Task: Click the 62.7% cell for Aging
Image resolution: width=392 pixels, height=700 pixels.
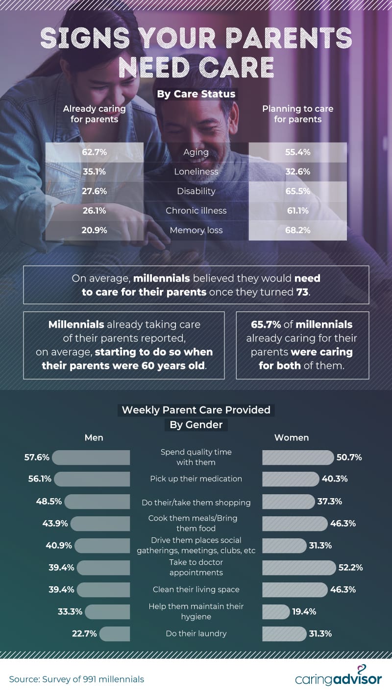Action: pos(94,152)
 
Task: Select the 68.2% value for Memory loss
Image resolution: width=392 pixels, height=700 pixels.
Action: pos(297,230)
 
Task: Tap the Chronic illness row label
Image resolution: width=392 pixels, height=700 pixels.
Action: pos(196,211)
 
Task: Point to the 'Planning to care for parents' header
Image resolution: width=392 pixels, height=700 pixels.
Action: pos(297,114)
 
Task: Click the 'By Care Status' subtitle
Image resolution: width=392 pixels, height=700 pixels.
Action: pos(196,94)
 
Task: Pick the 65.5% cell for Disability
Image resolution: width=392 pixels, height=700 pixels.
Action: pos(297,191)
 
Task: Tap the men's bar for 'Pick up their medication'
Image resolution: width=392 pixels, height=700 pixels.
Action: pos(92,479)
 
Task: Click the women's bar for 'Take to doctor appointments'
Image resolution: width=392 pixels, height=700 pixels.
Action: pos(298,568)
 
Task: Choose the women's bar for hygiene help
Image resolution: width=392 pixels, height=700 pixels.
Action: pos(276,611)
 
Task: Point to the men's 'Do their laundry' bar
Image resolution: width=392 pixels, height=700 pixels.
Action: pos(115,633)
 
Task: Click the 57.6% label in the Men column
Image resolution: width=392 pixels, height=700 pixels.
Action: pos(37,458)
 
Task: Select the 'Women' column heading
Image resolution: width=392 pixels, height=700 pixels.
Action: pos(292,437)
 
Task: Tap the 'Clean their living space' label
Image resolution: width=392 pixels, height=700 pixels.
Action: pos(196,589)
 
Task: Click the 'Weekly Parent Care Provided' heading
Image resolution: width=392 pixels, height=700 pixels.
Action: pos(196,410)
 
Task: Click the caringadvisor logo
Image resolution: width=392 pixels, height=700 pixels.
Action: pos(338,677)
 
